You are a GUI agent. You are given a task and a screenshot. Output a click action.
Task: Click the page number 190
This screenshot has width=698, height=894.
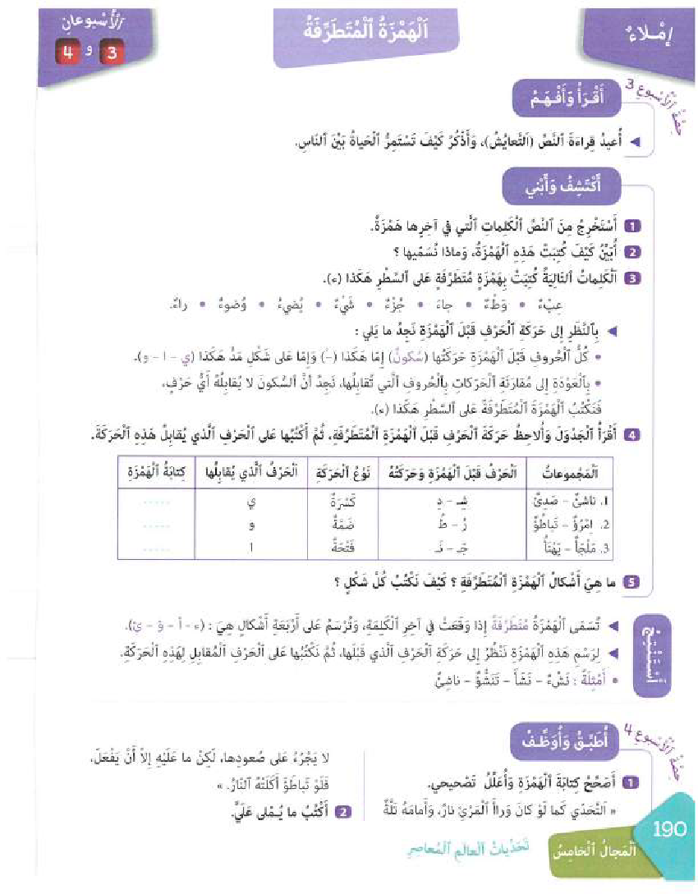pos(669,829)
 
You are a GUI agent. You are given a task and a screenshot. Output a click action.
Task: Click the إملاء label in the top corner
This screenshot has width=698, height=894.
pos(650,38)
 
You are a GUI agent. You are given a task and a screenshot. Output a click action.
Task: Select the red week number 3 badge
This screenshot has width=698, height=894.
pos(106,54)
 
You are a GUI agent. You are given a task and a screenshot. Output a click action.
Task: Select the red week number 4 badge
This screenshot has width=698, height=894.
pos(67,54)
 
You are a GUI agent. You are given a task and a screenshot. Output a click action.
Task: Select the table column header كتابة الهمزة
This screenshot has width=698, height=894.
pos(155,474)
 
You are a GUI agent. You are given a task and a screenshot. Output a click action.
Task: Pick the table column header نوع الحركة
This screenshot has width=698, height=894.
pos(332,474)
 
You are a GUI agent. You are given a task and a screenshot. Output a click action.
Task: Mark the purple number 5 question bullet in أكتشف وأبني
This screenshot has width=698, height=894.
pos(631,583)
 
